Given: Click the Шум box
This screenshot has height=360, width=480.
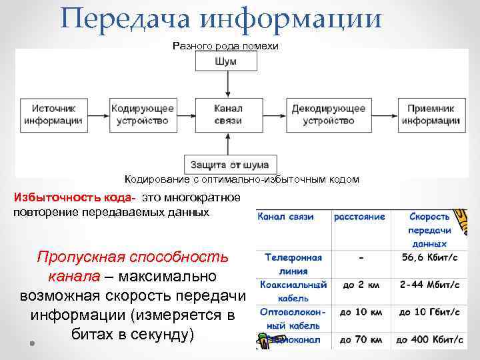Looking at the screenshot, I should pyautogui.click(x=229, y=61).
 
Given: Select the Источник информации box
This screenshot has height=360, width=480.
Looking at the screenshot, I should pyautogui.click(x=53, y=115).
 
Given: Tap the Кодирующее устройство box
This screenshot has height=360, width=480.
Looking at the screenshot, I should pyautogui.click(x=143, y=115).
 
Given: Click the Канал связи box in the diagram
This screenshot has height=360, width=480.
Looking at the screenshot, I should pyautogui.click(x=229, y=115).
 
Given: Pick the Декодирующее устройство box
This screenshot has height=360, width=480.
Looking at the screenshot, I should pyautogui.click(x=329, y=115).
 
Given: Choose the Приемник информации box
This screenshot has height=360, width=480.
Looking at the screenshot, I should pyautogui.click(x=431, y=115).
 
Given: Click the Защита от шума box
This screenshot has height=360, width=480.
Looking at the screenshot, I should pyautogui.click(x=229, y=165).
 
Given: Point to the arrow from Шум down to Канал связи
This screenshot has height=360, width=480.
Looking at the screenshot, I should pyautogui.click(x=229, y=83).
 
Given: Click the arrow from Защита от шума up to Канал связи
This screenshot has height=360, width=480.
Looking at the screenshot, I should pyautogui.click(x=229, y=143).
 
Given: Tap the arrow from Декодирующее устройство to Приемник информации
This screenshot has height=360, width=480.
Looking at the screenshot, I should pyautogui.click(x=384, y=115).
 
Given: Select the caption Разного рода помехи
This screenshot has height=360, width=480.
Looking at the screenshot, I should pyautogui.click(x=225, y=46).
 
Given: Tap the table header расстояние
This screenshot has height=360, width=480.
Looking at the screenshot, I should pyautogui.click(x=360, y=217).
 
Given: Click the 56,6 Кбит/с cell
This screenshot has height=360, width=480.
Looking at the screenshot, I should pyautogui.click(x=429, y=258).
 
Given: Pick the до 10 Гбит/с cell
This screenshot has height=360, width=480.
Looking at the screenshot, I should pyautogui.click(x=429, y=312).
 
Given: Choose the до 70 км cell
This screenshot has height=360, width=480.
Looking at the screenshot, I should pyautogui.click(x=360, y=339).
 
